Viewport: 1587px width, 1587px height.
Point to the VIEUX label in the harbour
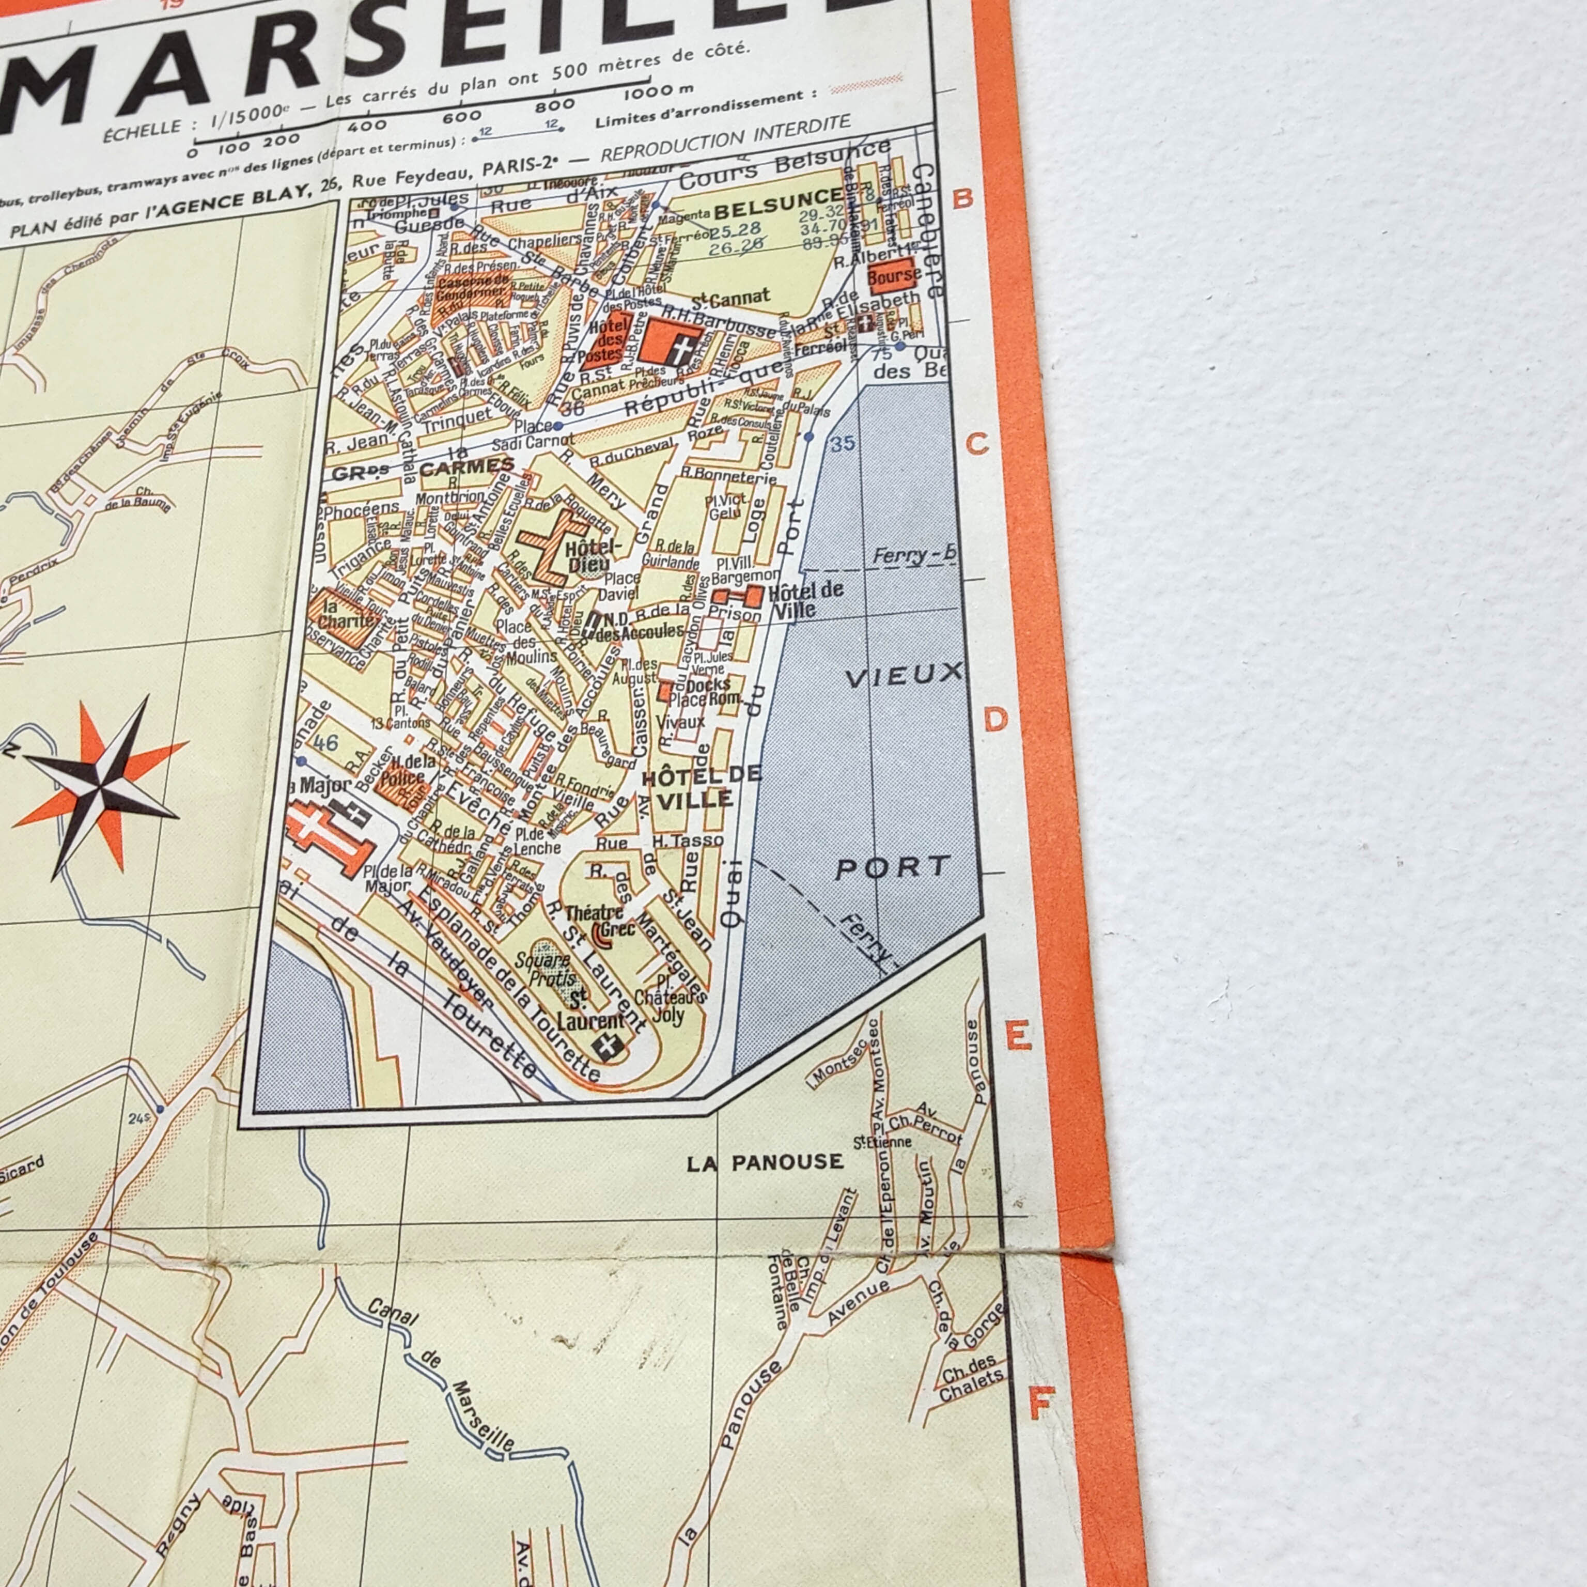click(x=903, y=676)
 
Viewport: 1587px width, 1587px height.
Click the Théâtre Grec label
click(x=600, y=921)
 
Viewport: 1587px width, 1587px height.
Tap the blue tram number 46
click(x=325, y=742)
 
